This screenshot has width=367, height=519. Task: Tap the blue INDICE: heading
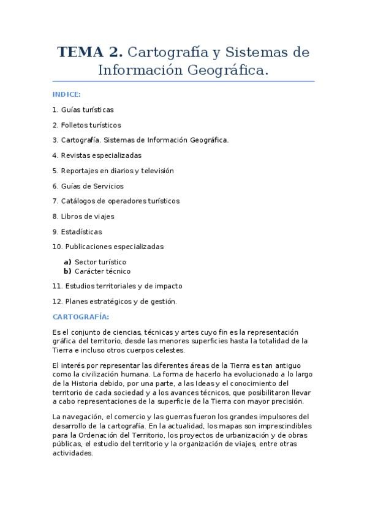(67, 95)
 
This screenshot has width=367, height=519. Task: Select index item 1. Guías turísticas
(83, 110)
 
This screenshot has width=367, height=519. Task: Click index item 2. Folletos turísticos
(86, 125)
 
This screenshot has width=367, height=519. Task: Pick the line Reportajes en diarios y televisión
(113, 171)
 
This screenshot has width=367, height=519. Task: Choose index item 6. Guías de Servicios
(88, 186)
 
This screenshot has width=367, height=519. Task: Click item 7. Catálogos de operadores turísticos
(116, 201)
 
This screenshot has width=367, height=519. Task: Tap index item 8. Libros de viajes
(83, 217)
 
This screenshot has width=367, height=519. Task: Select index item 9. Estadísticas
(77, 232)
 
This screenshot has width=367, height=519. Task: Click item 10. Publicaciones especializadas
(108, 247)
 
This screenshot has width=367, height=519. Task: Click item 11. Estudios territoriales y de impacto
(117, 286)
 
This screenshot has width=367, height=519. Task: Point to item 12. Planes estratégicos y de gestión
(115, 301)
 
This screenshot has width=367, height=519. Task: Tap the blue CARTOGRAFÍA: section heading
(81, 316)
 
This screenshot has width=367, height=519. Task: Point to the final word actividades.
(73, 454)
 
